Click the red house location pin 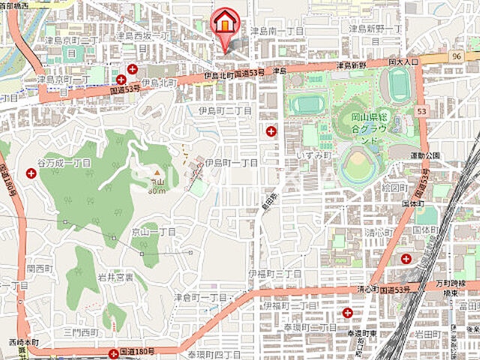point(223,23)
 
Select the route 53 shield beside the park point(422,111)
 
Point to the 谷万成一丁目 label point(64,163)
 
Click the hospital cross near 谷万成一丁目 point(31,173)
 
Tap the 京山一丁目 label point(153,233)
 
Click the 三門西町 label point(80,331)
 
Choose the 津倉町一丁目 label point(200,297)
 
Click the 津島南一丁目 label point(277,31)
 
